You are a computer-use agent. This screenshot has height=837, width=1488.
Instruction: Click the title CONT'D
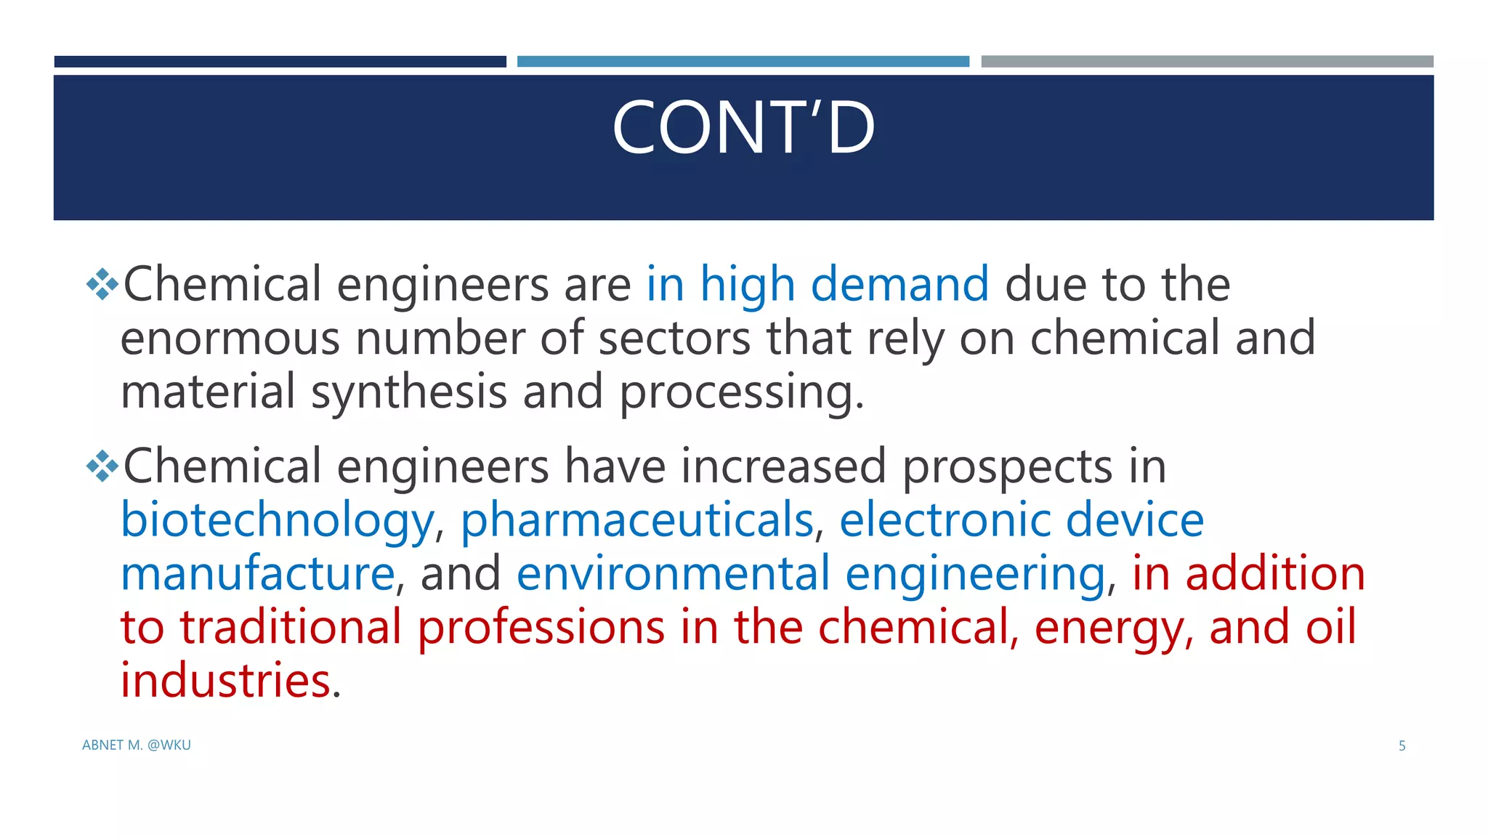pos(743,129)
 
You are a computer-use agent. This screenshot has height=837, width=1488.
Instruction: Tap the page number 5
pos(1402,745)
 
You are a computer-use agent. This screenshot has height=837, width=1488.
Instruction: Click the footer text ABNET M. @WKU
pos(137,745)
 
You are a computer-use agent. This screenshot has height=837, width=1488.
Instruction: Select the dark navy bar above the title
pos(280,62)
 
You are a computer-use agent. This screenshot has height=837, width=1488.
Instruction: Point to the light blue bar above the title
pos(743,62)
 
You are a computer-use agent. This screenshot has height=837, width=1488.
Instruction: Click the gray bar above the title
pos(1207,62)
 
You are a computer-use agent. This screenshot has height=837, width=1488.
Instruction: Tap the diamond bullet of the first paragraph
pos(102,284)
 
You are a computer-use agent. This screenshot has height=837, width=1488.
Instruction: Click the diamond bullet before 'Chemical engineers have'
pos(102,466)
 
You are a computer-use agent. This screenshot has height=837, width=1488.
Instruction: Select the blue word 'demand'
pos(899,283)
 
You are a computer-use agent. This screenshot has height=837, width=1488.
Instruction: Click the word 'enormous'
pos(230,339)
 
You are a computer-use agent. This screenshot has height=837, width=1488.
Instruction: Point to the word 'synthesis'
pos(409,392)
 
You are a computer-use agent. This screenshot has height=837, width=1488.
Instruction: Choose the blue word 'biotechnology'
pos(277,521)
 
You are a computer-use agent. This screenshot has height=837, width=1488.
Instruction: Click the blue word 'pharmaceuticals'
pos(636,521)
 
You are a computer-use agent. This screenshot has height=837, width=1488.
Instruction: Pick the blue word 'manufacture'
pos(257,574)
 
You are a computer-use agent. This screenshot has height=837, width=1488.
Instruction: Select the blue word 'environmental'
pos(673,574)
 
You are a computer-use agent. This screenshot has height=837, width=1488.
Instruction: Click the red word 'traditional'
pos(291,628)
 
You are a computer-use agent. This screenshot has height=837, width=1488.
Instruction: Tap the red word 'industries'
pos(225,681)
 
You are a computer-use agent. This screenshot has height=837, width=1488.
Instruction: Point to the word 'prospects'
pos(1007,467)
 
